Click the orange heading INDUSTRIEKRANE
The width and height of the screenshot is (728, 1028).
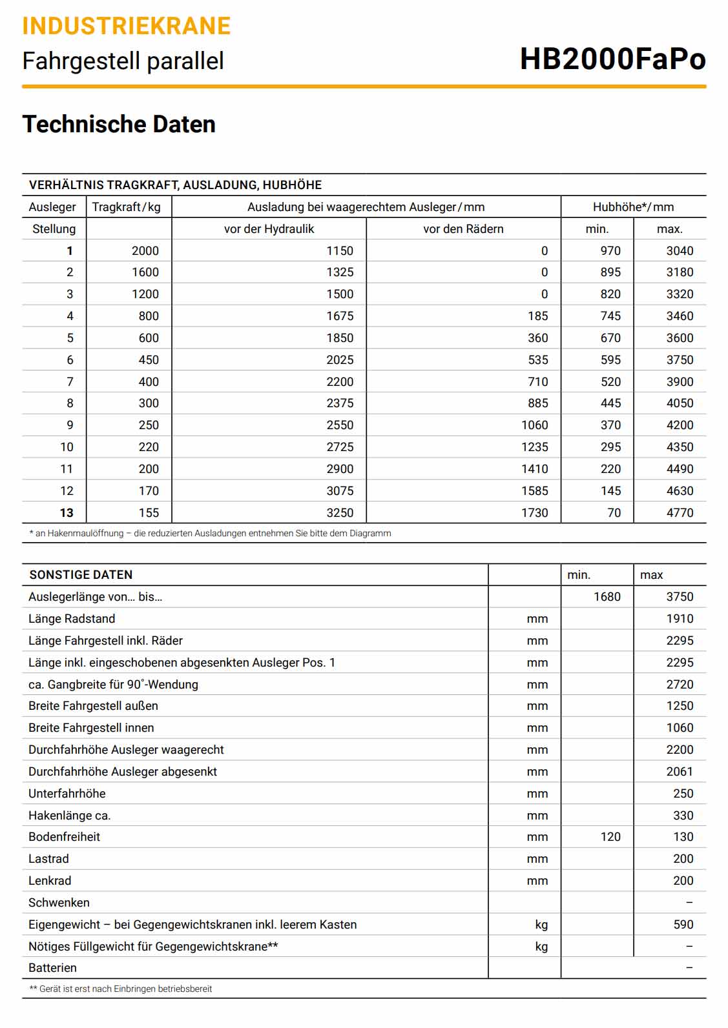(x=126, y=26)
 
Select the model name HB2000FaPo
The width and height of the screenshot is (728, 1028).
(x=612, y=59)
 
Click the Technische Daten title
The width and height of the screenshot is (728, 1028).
(x=119, y=124)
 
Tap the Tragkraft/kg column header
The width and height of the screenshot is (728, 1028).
(x=127, y=207)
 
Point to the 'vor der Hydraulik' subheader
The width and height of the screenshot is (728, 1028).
(x=269, y=229)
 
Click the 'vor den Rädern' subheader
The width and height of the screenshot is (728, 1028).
(x=463, y=229)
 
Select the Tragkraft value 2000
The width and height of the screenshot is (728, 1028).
(x=145, y=251)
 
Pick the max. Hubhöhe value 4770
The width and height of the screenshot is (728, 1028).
(x=680, y=513)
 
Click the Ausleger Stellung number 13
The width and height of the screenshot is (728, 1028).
(x=67, y=513)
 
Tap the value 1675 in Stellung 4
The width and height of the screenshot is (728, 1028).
(x=340, y=316)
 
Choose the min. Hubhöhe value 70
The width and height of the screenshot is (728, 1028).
(x=614, y=513)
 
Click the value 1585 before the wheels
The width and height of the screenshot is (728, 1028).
(x=534, y=491)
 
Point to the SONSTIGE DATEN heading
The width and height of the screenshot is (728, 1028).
(x=81, y=575)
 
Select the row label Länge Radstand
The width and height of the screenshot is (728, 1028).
(x=72, y=619)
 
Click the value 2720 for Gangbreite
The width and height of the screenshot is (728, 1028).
(x=680, y=685)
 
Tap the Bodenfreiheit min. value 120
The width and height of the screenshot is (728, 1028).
(x=610, y=837)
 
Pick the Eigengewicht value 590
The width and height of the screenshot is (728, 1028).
(x=683, y=925)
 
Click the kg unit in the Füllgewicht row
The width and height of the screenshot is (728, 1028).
(x=541, y=947)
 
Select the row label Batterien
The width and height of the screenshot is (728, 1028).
(x=52, y=968)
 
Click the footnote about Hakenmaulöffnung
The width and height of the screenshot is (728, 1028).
(x=210, y=534)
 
